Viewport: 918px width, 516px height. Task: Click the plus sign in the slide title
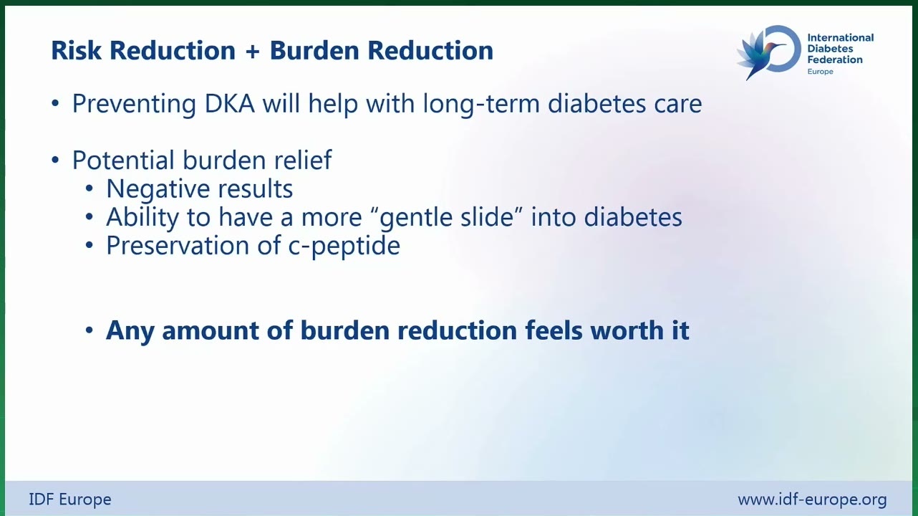click(253, 52)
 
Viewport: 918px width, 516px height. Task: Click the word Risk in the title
click(76, 50)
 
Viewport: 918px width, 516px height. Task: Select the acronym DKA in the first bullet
click(229, 103)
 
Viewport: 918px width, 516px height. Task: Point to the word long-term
click(481, 105)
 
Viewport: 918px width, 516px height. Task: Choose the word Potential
click(123, 160)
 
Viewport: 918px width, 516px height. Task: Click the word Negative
click(158, 189)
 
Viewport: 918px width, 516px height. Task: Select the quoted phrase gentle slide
click(447, 217)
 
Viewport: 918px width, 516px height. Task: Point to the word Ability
click(142, 217)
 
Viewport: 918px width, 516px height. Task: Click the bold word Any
click(130, 331)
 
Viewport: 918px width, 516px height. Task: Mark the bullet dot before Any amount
click(90, 330)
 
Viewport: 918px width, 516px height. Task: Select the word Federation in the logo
click(835, 59)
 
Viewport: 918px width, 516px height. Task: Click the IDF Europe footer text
click(70, 500)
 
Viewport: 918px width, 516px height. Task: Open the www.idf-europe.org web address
click(812, 500)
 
